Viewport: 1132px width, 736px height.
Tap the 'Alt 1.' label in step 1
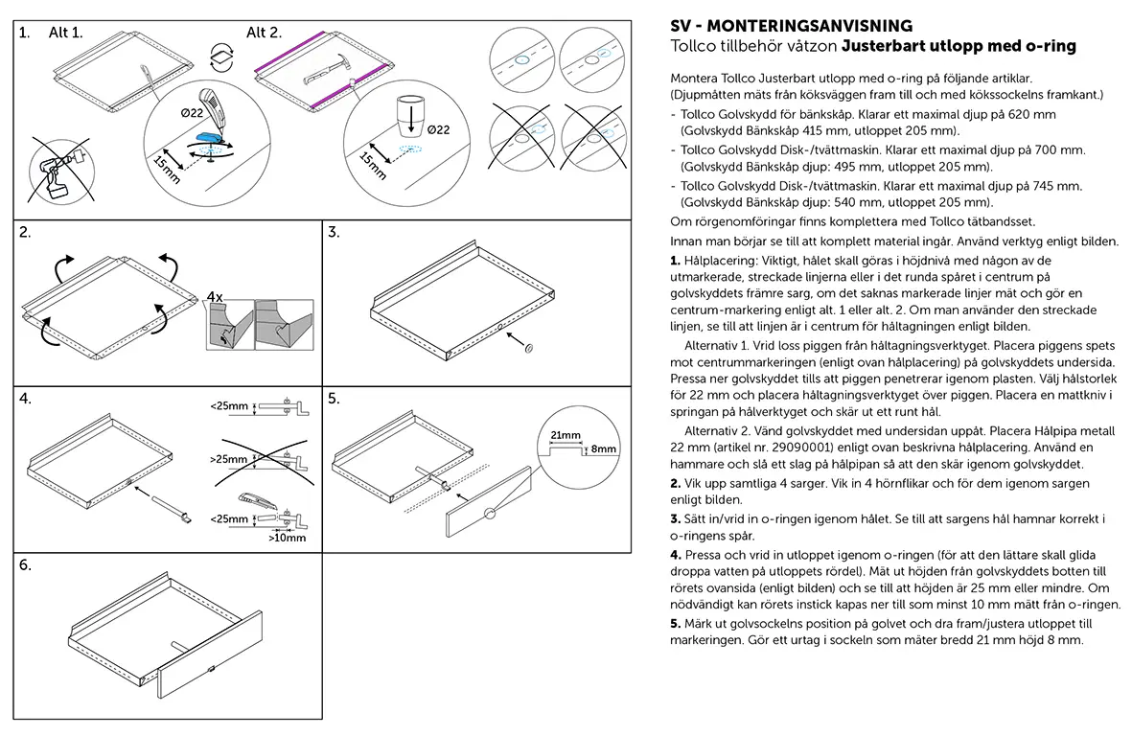pyautogui.click(x=66, y=33)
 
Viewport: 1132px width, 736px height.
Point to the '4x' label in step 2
pyautogui.click(x=215, y=297)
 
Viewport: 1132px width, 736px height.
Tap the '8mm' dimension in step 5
pyautogui.click(x=604, y=448)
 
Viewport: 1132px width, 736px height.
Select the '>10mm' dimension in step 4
pyautogui.click(x=288, y=538)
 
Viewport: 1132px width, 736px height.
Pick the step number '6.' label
pyautogui.click(x=26, y=565)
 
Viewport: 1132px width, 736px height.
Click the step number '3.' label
pyautogui.click(x=335, y=232)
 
